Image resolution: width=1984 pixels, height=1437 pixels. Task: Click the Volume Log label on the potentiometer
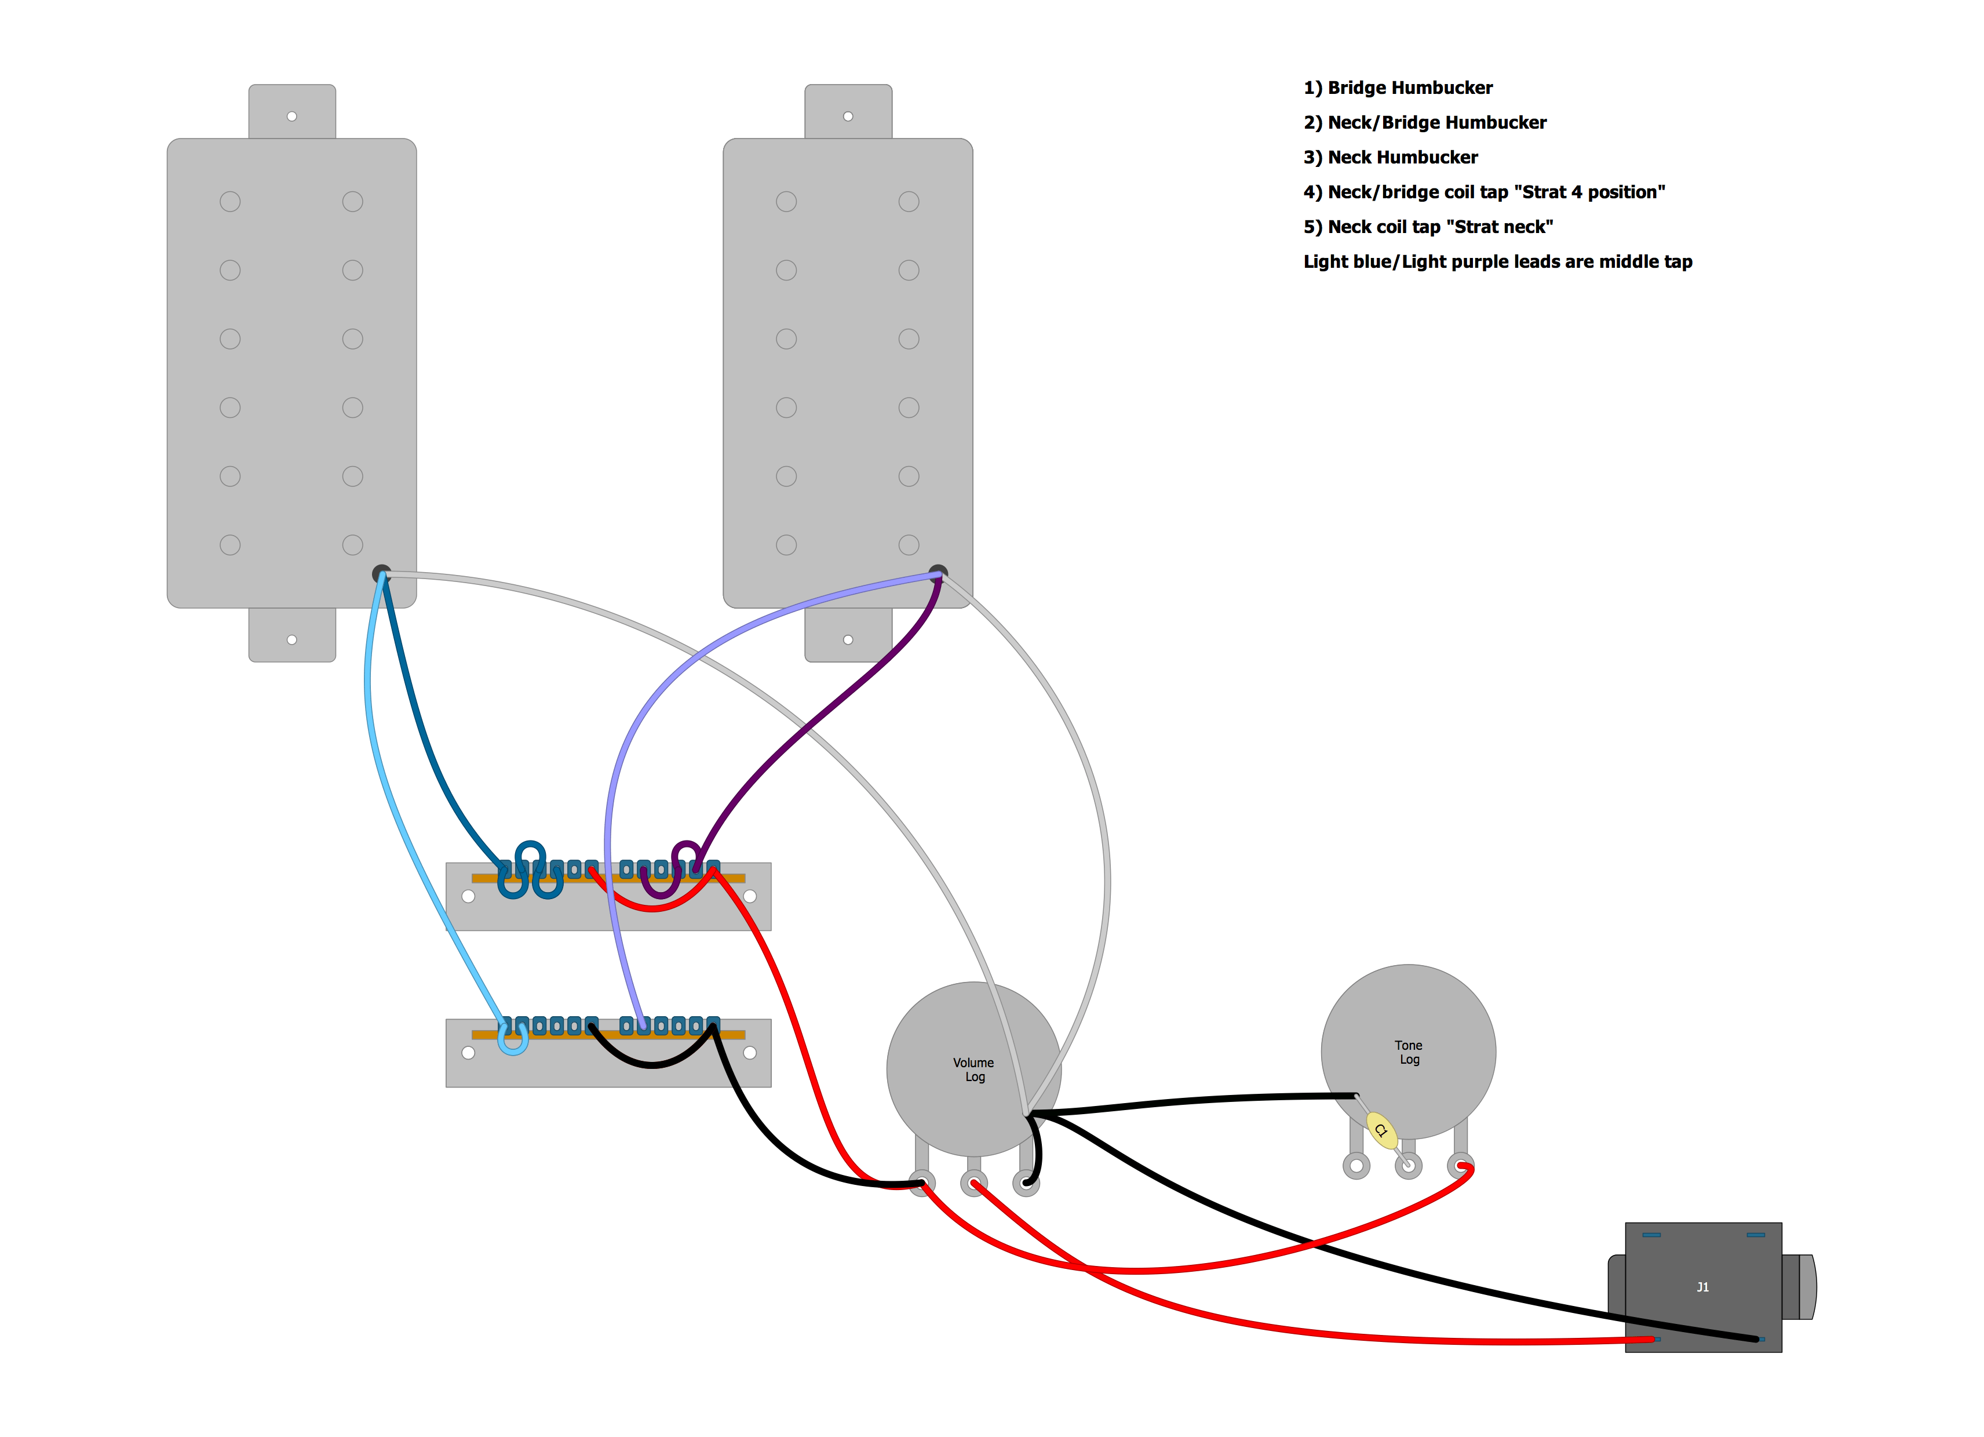point(973,1069)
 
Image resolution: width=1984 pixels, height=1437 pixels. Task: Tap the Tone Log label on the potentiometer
point(1409,1052)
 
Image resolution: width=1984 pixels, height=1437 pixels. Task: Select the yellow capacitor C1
point(1381,1130)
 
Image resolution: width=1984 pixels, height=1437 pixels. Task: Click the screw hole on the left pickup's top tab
point(292,117)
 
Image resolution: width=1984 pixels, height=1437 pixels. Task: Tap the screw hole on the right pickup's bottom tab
point(848,640)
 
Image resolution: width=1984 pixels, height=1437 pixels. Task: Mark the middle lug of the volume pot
point(973,1183)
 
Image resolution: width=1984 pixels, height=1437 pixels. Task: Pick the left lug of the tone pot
point(1356,1166)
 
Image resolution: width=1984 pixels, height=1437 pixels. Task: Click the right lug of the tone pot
point(1460,1166)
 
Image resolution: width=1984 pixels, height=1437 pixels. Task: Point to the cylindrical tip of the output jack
point(1806,1286)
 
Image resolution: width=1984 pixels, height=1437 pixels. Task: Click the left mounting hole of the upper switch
point(468,896)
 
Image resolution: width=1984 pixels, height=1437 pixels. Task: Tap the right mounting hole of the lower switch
point(750,1053)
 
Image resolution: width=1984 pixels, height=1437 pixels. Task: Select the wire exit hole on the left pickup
point(381,574)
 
